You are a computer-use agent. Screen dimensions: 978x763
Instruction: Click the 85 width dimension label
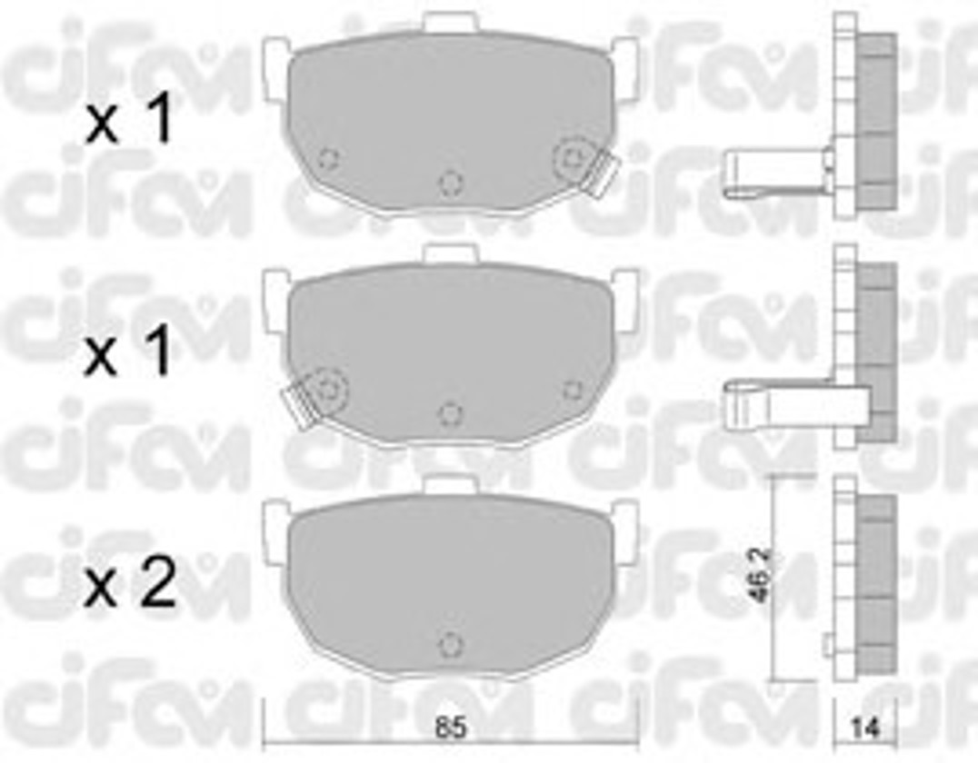(x=450, y=728)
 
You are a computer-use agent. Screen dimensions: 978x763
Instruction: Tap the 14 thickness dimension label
(x=865, y=728)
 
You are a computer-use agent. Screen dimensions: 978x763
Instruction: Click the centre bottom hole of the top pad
(x=450, y=183)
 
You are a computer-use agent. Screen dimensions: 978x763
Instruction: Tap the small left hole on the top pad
(x=328, y=158)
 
